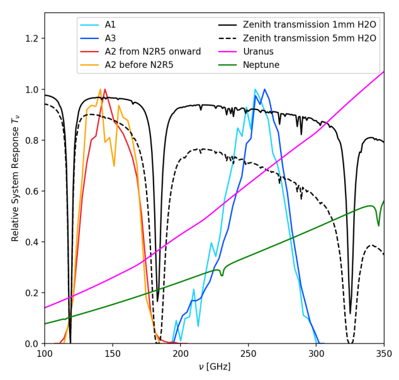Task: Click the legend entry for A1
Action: tap(110, 25)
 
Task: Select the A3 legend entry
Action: tap(110, 38)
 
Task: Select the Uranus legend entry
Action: tap(259, 52)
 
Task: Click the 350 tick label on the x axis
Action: tap(384, 354)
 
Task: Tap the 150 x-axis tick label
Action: tap(113, 354)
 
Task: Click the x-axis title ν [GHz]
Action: tap(214, 367)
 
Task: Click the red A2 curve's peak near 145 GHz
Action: tap(104, 89)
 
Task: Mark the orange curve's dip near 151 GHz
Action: tap(114, 166)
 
